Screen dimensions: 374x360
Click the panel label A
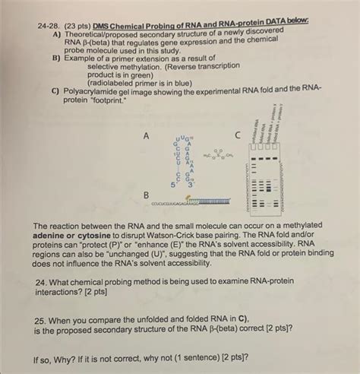pos(144,135)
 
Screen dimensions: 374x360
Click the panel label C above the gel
pos(237,135)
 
